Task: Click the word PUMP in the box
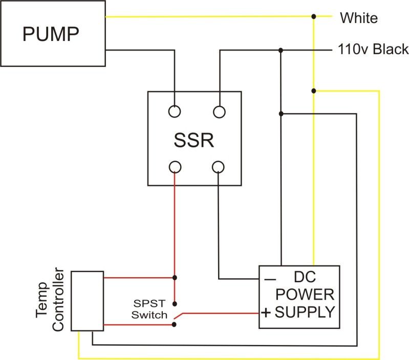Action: tap(51, 34)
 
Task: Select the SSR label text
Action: tap(193, 140)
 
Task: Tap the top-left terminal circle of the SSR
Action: tap(175, 111)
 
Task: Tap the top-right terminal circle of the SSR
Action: tap(219, 111)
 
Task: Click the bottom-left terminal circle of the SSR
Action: tap(175, 167)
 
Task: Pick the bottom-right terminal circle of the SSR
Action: tap(219, 167)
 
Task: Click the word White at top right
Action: tap(359, 18)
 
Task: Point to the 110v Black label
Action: tap(373, 50)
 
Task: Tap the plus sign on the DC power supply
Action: tap(266, 312)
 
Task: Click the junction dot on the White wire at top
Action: tap(314, 17)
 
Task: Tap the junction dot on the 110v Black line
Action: tap(281, 50)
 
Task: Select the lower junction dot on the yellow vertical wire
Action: tap(314, 91)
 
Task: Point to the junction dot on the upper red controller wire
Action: tap(175, 278)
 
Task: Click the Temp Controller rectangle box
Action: tap(87, 301)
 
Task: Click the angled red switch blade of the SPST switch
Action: tap(179, 317)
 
